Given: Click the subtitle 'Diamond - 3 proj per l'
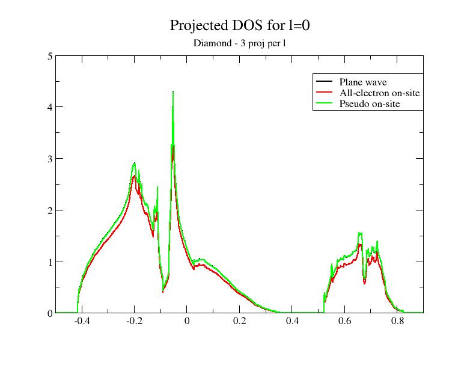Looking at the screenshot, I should point(239,43).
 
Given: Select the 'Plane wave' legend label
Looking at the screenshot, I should point(362,82).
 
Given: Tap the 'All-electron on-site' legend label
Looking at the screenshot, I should point(379,93).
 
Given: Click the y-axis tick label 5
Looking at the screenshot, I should point(50,56).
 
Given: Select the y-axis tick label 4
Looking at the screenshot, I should point(50,107).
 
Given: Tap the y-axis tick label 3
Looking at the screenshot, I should point(50,159).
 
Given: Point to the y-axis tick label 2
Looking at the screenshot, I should point(50,210).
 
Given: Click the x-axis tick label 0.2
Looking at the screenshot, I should point(239,322).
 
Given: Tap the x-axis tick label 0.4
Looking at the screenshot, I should point(291,322).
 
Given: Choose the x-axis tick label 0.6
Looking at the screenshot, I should point(344,322).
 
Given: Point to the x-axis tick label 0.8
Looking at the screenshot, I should point(397,322).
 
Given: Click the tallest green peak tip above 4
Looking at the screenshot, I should point(173,93).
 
